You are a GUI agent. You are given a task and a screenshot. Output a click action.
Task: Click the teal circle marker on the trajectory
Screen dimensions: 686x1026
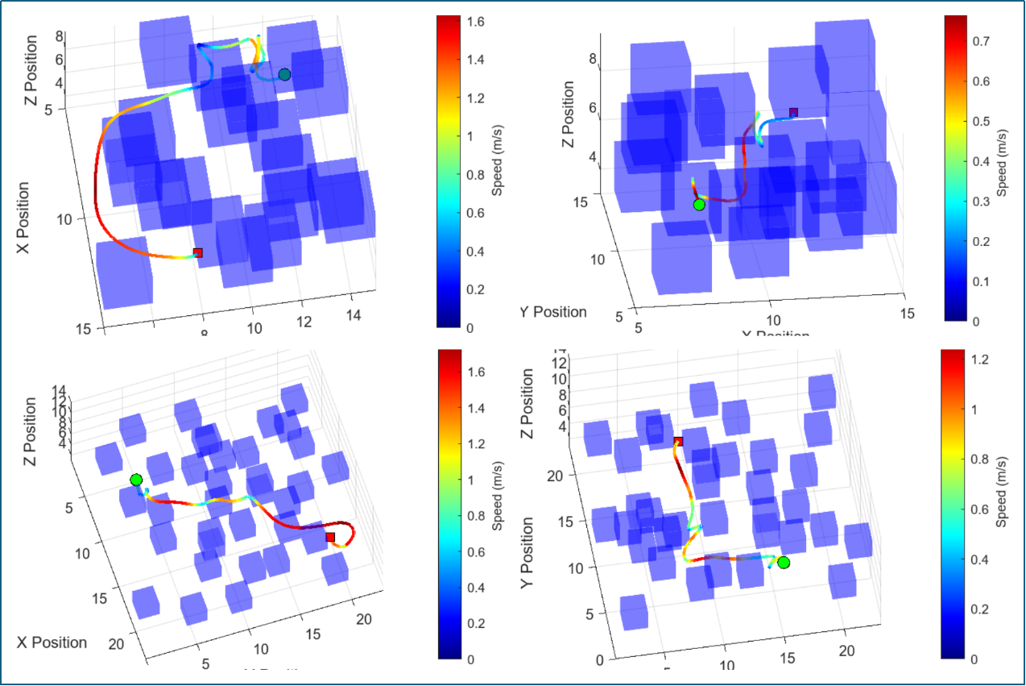click(284, 75)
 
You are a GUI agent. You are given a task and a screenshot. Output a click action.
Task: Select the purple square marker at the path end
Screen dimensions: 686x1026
click(793, 112)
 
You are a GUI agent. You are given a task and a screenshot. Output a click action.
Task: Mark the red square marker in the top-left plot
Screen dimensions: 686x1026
click(198, 253)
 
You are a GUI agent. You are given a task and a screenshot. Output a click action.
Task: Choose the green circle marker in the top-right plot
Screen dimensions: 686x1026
click(699, 205)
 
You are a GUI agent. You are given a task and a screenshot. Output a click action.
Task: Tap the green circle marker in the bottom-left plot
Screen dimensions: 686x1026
click(136, 480)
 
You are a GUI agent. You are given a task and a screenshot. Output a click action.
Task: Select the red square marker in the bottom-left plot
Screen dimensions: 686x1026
click(330, 537)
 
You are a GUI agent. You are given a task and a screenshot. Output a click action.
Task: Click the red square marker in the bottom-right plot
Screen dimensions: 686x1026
click(678, 442)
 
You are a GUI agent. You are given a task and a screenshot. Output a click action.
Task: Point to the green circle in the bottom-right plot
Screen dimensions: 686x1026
click(784, 562)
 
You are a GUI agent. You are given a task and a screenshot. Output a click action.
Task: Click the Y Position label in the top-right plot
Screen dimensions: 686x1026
click(552, 312)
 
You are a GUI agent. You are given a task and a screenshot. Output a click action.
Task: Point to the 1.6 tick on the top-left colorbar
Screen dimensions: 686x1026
click(452, 23)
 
